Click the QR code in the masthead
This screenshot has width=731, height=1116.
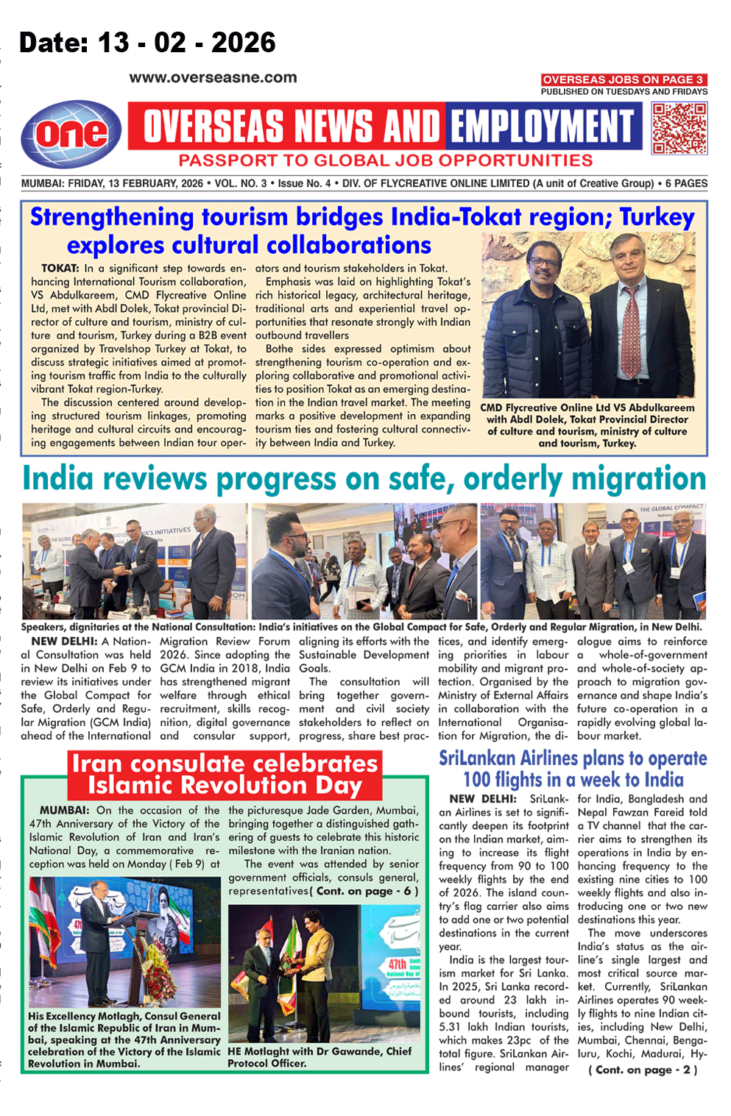coord(679,128)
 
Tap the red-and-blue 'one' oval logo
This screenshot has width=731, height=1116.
coord(71,133)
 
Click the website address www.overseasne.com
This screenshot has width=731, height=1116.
coord(213,77)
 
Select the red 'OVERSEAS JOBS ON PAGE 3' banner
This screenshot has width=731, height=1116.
coord(624,79)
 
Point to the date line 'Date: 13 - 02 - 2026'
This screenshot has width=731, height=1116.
coord(147,43)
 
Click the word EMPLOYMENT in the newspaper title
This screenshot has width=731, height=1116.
coord(543,127)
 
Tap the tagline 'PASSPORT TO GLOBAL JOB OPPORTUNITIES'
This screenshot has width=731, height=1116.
coord(385,161)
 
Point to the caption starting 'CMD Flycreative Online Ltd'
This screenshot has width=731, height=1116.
coord(587,425)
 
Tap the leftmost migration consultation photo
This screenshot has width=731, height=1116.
coord(134,561)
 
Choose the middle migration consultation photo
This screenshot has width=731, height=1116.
coord(364,561)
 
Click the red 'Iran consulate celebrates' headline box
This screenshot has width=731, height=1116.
coord(225,774)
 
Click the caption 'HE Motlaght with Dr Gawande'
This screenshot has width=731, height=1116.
coord(319,1057)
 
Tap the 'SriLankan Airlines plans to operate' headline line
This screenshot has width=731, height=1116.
coord(573,758)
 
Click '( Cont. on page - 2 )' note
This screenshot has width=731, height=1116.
coord(643,1070)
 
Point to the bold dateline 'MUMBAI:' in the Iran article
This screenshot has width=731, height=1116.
coord(64,811)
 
